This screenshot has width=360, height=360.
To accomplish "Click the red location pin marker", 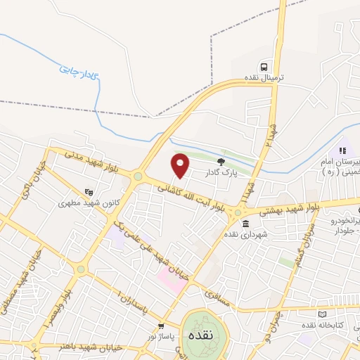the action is pyautogui.click(x=181, y=165).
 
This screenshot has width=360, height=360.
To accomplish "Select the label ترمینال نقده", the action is pyautogui.click(x=261, y=77).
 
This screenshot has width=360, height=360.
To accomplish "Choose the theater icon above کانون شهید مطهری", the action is pyautogui.click(x=89, y=191).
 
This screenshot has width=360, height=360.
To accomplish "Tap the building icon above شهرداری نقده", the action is pyautogui.click(x=245, y=225).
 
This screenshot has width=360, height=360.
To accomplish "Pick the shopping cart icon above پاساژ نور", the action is pyautogui.click(x=162, y=326).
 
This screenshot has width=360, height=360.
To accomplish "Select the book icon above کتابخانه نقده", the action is pyautogui.click(x=323, y=314).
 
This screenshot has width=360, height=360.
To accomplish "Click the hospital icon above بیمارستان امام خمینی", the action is pyautogui.click(x=342, y=150).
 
